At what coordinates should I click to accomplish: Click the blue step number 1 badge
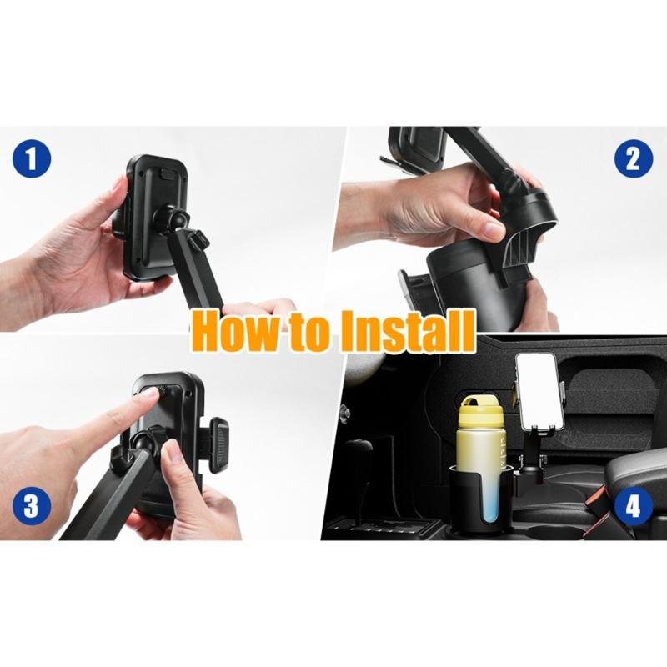[32, 158]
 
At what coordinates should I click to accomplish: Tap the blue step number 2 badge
[633, 158]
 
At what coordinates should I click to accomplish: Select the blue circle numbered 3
[32, 507]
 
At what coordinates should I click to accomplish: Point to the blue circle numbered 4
[633, 507]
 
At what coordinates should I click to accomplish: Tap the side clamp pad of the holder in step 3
[219, 445]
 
